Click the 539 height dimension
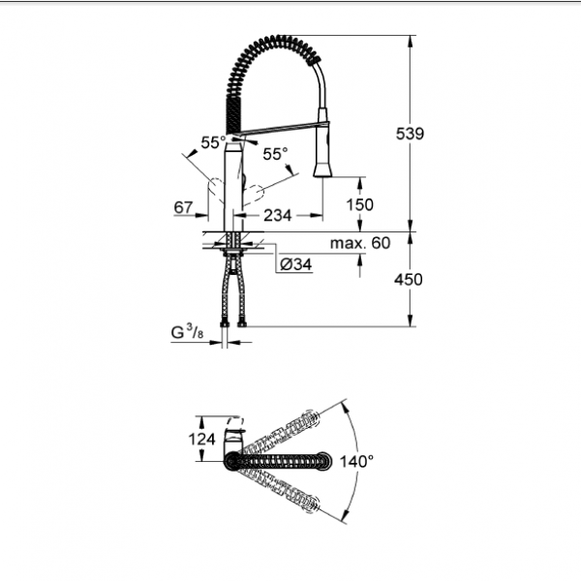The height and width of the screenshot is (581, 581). click(x=410, y=134)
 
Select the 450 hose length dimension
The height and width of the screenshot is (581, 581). click(x=409, y=280)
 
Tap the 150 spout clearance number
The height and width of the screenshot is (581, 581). click(x=359, y=204)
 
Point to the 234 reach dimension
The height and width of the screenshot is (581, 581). click(x=278, y=215)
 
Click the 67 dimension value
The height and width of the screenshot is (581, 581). click(x=183, y=207)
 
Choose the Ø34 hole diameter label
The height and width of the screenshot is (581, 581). click(x=296, y=264)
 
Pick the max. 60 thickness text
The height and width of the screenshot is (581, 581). click(x=360, y=243)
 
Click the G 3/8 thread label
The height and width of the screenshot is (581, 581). click(x=187, y=332)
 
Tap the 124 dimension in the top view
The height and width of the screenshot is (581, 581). click(x=202, y=440)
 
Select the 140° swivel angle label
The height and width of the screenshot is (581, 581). click(x=356, y=462)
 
